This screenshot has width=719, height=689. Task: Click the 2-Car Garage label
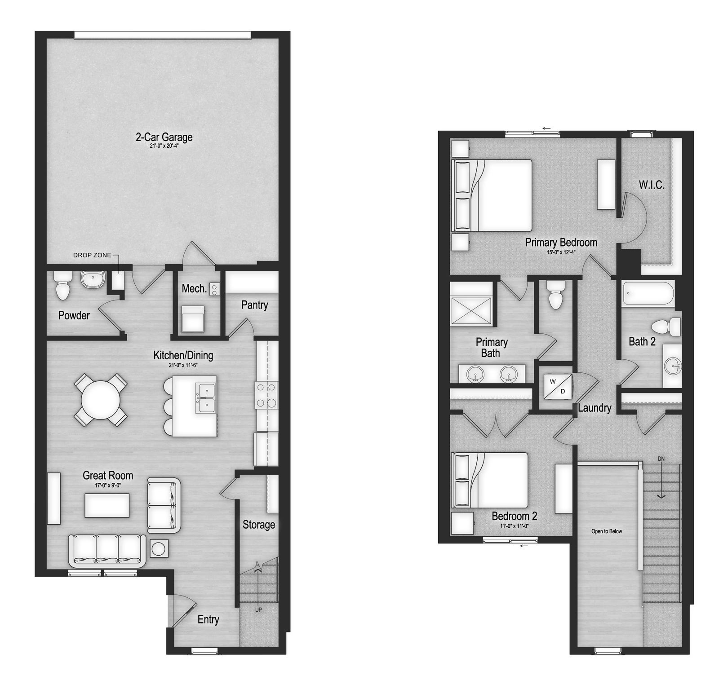[164, 137]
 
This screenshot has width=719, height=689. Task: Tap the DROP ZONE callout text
[92, 255]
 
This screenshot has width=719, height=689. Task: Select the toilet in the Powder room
[63, 286]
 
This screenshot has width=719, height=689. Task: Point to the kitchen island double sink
[206, 398]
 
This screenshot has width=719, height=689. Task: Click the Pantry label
[254, 305]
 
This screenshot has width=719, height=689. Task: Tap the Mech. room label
[194, 288]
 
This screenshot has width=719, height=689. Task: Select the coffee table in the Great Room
[107, 505]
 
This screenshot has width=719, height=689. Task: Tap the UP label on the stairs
[258, 609]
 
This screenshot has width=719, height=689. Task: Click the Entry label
[208, 619]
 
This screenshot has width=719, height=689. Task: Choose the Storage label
[259, 525]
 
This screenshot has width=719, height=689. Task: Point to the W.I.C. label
[652, 185]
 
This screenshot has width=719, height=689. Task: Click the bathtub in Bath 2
[648, 294]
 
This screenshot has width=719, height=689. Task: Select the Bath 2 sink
[672, 366]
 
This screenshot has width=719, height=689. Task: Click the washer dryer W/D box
[558, 386]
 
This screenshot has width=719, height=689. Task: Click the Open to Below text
[607, 531]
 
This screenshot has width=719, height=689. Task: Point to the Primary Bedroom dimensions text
[561, 252]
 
